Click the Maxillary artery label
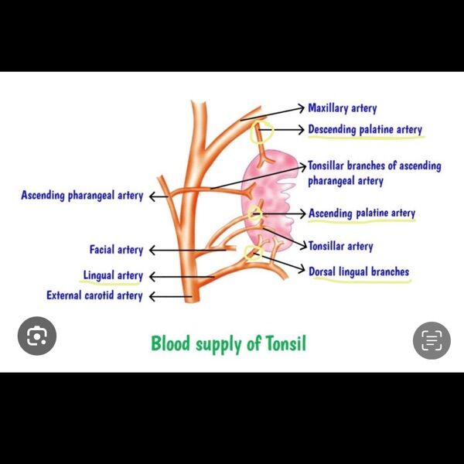[342, 108]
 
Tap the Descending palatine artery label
[365, 130]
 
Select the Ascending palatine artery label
[362, 213]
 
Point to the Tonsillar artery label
[340, 247]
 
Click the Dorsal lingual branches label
[359, 271]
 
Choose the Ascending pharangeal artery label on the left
[82, 196]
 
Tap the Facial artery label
[116, 250]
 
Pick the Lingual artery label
[113, 275]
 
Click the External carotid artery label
[94, 295]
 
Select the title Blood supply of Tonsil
[228, 343]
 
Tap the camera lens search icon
[36, 337]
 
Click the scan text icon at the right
[432, 340]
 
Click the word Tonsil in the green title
[285, 343]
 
